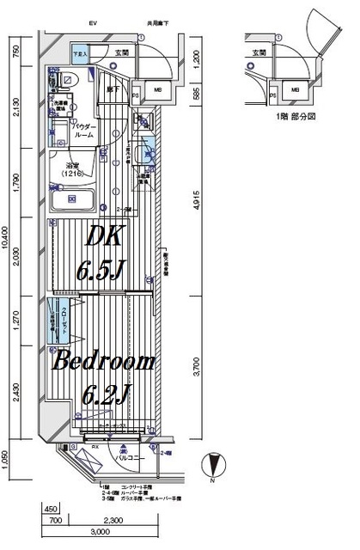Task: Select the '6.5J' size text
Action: pos(102,272)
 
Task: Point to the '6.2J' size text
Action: pos(107,396)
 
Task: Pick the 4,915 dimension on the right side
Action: pos(197,204)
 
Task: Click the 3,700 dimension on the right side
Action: pos(197,370)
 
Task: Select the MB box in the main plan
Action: pos(157,89)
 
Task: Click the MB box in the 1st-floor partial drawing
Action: pos(295,89)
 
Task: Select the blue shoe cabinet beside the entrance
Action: pos(81,53)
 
